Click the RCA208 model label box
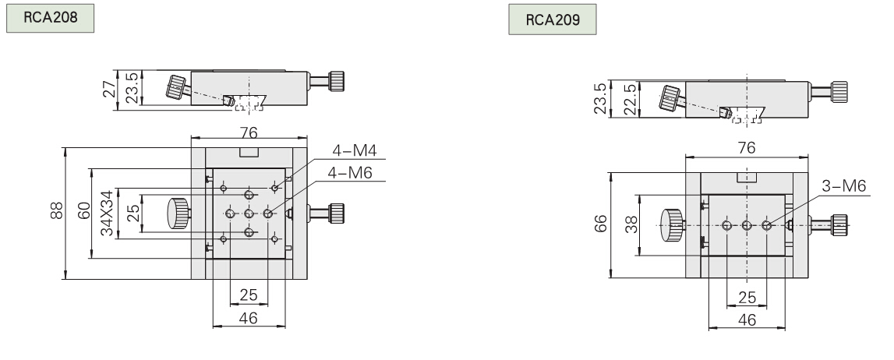click(x=51, y=18)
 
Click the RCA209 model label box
click(x=553, y=20)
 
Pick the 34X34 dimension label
click(x=108, y=213)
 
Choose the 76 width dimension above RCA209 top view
click(x=746, y=146)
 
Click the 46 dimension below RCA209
click(x=746, y=320)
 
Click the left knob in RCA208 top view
click(x=178, y=212)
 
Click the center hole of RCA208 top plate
click(x=249, y=214)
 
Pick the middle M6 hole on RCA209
click(x=747, y=226)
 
